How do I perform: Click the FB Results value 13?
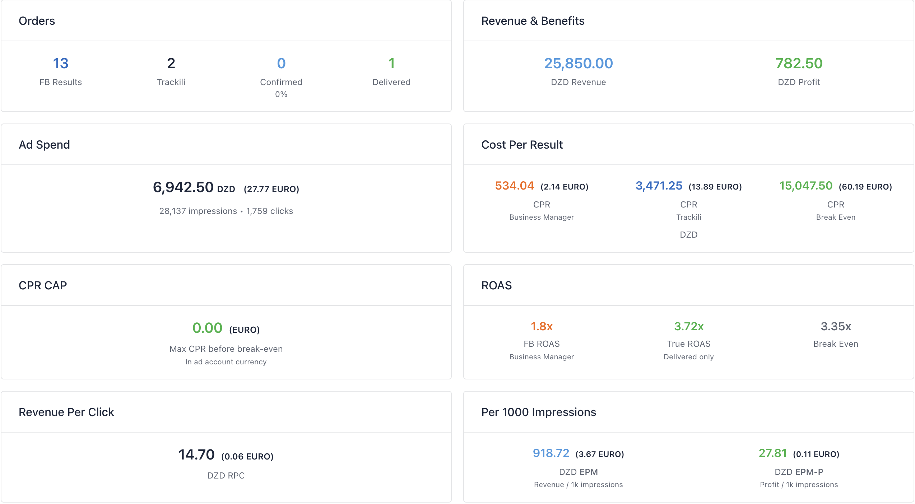pos(61,64)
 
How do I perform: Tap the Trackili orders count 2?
pos(171,64)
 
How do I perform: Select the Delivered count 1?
pos(391,64)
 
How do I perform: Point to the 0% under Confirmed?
pos(281,94)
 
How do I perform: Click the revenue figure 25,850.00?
pos(579,64)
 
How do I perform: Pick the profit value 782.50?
pos(799,64)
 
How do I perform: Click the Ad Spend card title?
pos(44,145)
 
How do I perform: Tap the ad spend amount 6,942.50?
pos(183,187)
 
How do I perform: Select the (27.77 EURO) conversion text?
pos(271,189)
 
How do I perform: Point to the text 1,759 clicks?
pos(270,211)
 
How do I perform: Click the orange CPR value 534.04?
pos(515,186)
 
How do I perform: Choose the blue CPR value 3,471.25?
pos(659,186)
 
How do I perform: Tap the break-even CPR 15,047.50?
pos(806,186)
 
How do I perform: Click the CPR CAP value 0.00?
pos(207,328)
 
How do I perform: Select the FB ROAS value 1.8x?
pos(542,326)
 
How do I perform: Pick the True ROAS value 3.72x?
pos(689,326)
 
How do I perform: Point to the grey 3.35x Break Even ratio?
pos(836,326)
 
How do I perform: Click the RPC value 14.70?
pos(196,455)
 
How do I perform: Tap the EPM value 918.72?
pos(551,453)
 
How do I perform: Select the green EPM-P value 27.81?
pos(773,453)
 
